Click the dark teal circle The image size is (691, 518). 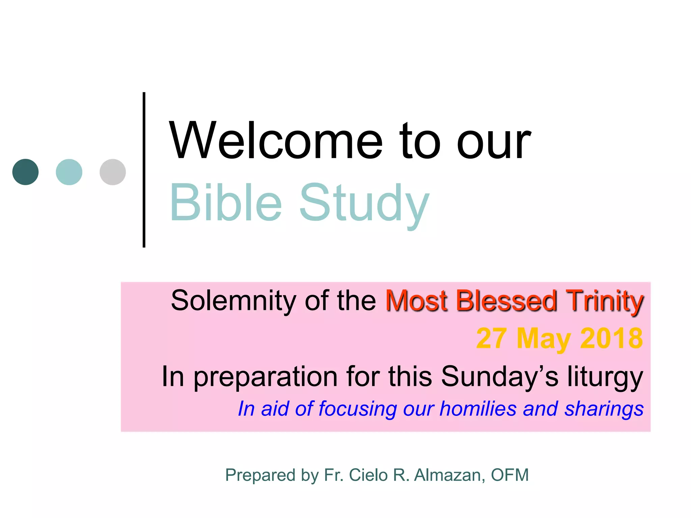(25, 172)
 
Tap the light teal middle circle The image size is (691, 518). (69, 172)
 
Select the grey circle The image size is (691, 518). (113, 172)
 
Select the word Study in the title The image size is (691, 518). (364, 204)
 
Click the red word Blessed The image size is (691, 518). (506, 300)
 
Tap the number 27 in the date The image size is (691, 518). (491, 338)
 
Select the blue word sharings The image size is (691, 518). (604, 409)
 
